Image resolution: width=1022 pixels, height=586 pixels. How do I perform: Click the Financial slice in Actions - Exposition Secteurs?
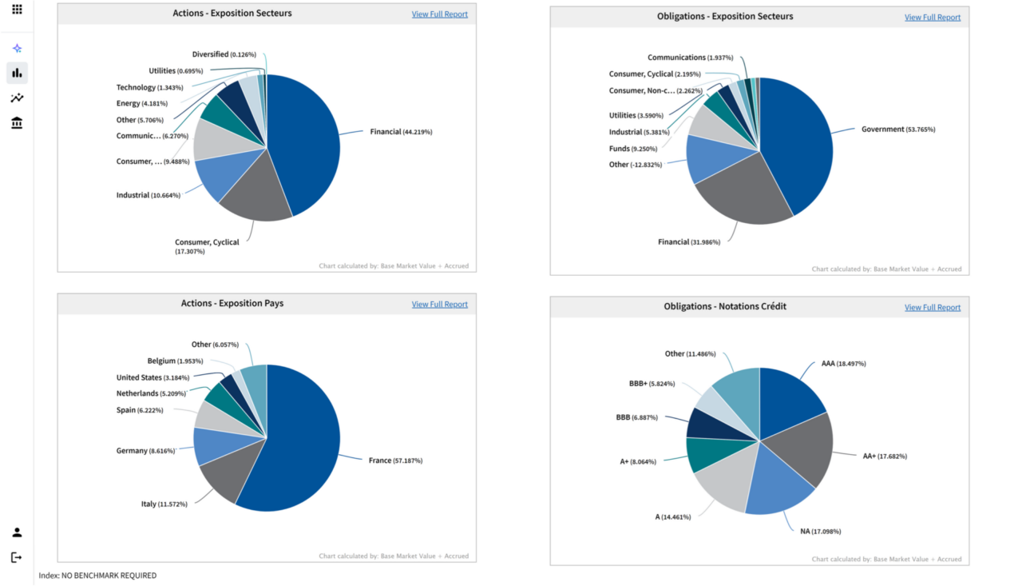pyautogui.click(x=307, y=136)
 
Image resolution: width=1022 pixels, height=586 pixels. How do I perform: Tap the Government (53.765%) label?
pyautogui.click(x=897, y=130)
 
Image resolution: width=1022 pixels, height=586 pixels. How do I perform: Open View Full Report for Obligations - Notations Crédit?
pyautogui.click(x=932, y=308)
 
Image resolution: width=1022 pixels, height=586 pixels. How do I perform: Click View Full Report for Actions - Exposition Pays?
pyautogui.click(x=439, y=305)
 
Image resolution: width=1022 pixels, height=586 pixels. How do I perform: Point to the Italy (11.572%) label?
pyautogui.click(x=164, y=504)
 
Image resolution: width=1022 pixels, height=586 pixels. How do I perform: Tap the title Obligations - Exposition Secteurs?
pyautogui.click(x=724, y=17)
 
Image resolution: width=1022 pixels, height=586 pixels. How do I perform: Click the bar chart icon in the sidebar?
pyautogui.click(x=17, y=74)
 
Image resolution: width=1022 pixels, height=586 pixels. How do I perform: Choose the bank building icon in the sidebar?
pyautogui.click(x=17, y=122)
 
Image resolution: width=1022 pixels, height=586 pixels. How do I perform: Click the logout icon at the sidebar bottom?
pyautogui.click(x=17, y=557)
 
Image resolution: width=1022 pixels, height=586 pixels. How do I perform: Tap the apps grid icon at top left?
pyautogui.click(x=17, y=10)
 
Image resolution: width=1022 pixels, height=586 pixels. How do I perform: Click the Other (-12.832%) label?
pyautogui.click(x=635, y=165)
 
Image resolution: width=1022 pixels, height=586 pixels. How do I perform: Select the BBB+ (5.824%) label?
pyautogui.click(x=652, y=384)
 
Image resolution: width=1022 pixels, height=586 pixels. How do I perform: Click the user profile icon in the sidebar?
pyautogui.click(x=17, y=532)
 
